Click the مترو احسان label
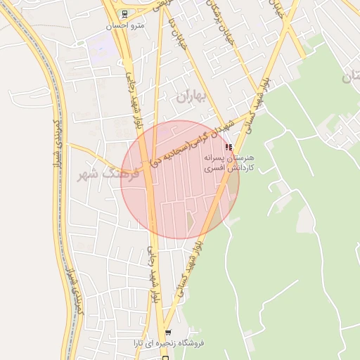124,26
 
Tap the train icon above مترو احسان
124,13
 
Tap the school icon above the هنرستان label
229,146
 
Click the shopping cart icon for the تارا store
167,332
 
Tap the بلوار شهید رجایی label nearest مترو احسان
132,91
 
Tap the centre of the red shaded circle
180,180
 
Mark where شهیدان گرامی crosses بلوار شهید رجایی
146,169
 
